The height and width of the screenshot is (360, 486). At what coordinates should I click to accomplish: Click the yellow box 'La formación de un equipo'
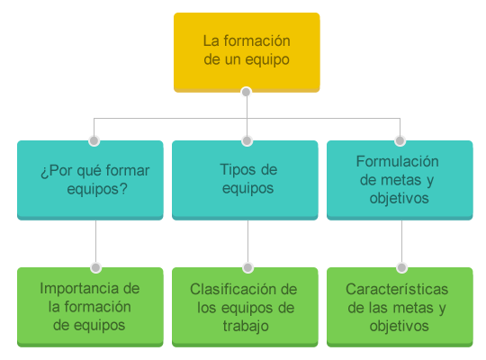pos(247,52)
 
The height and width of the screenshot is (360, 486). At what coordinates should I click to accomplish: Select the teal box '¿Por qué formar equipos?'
pos(90,180)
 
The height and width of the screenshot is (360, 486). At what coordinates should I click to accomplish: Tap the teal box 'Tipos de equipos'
pos(245,180)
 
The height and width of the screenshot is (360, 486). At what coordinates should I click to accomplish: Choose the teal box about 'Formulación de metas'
pos(400,180)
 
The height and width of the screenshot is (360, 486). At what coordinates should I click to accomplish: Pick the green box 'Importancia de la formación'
pos(90,307)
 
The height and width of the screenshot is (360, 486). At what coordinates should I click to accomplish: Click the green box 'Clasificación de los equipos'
pos(245,307)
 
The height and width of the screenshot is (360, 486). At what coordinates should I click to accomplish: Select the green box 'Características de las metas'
pos(400,307)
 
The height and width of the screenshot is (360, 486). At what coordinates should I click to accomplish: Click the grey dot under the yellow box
pos(246,92)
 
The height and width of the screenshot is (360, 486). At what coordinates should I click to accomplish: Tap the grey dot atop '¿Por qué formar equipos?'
pos(94,140)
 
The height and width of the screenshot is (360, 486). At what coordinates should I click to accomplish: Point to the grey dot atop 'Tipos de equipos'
pos(247,140)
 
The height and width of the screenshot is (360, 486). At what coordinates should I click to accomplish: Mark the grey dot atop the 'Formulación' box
pos(400,140)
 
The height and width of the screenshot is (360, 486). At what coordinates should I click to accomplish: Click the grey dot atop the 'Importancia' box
pos(95,267)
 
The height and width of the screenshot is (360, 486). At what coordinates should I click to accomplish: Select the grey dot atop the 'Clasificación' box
pos(247,267)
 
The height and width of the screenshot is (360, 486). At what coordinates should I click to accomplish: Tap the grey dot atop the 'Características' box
pos(401,267)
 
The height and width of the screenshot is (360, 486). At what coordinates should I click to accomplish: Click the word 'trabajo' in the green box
pos(246,327)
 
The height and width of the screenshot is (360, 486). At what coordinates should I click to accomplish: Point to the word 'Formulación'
pos(398,161)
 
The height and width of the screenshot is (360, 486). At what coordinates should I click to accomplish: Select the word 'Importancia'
pos(80,289)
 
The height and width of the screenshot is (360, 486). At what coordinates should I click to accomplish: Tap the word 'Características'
pos(397,289)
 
